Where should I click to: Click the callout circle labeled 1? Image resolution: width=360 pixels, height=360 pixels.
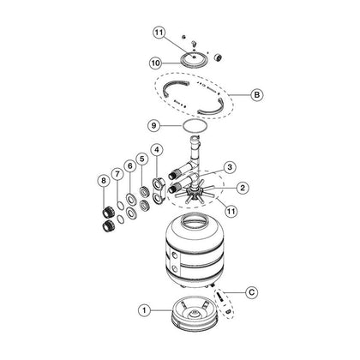[144, 310]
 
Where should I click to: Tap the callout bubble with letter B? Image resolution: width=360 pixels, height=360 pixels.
[256, 94]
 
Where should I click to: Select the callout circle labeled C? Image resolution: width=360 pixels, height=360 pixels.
[252, 292]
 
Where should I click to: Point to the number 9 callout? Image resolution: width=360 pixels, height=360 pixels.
[154, 126]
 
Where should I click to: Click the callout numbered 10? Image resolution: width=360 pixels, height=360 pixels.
[156, 63]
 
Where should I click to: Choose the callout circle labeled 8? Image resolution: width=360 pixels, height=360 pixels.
[104, 180]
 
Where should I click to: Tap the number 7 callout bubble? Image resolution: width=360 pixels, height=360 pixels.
[117, 174]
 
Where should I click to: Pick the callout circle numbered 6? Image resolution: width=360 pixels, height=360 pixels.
[130, 166]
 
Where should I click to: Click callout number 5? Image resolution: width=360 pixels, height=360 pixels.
[142, 159]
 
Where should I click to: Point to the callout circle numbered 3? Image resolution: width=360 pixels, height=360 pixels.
[230, 167]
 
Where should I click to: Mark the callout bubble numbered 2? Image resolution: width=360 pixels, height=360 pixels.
[243, 188]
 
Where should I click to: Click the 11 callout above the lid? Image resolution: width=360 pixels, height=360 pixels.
[159, 33]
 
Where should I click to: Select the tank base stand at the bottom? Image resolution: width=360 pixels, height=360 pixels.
[195, 315]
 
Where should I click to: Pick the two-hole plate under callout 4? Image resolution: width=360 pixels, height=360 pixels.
[158, 190]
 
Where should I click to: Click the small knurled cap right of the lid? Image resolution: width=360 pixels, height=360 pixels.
[218, 57]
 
